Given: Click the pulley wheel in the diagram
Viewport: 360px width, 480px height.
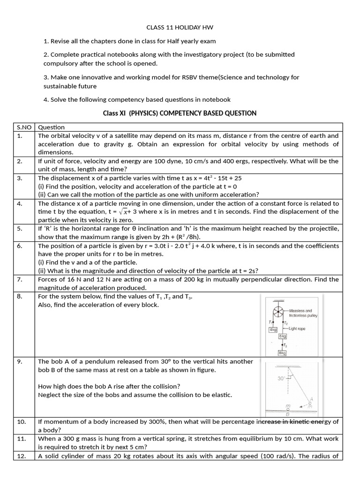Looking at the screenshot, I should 277,312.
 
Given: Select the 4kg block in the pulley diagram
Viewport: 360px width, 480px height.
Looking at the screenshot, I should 273,330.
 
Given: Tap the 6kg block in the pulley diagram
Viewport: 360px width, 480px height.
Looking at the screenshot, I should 283,336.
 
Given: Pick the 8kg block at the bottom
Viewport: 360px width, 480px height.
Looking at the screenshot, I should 283,352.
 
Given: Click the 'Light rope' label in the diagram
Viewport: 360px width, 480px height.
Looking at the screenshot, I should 297,329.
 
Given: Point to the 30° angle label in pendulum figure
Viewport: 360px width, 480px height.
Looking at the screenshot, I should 280,378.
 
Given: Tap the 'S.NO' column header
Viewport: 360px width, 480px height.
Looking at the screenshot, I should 22,127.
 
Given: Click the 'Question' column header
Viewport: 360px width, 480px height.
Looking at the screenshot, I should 51,127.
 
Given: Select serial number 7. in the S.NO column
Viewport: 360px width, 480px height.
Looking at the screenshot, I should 20,279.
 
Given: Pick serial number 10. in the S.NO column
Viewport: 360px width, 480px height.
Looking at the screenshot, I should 22,421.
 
